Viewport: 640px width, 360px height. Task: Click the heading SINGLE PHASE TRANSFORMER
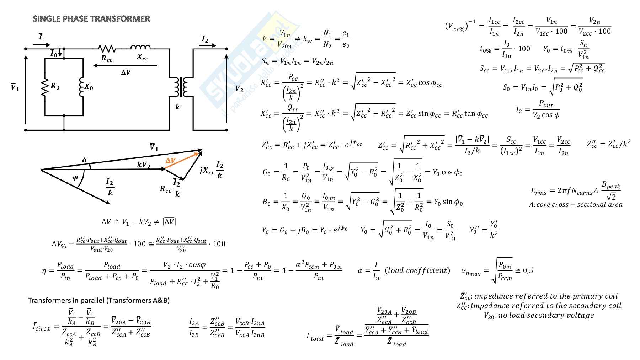pyautogui.click(x=91, y=19)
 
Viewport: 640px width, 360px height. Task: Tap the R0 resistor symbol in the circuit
pyautogui.click(x=45, y=87)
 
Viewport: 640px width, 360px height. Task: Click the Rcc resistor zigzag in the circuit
pyautogui.click(x=107, y=48)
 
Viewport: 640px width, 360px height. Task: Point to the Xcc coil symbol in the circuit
pyautogui.click(x=140, y=47)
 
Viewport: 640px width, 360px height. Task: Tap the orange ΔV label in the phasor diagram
pyautogui.click(x=170, y=161)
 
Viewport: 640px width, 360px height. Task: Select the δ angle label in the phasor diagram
pyautogui.click(x=84, y=160)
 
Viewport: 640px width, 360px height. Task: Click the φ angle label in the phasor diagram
pyautogui.click(x=75, y=178)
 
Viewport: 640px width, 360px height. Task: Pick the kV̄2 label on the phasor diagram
pyautogui.click(x=144, y=165)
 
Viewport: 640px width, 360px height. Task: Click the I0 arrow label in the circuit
pyautogui.click(x=54, y=54)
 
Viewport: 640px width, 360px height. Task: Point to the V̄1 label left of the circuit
pyautogui.click(x=15, y=87)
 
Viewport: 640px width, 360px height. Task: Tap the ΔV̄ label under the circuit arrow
pyautogui.click(x=126, y=72)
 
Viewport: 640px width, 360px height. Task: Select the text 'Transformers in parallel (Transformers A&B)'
pyautogui.click(x=99, y=300)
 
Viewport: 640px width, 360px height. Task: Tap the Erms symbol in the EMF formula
pyautogui.click(x=538, y=191)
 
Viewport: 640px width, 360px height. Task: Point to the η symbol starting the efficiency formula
pyautogui.click(x=44, y=271)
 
